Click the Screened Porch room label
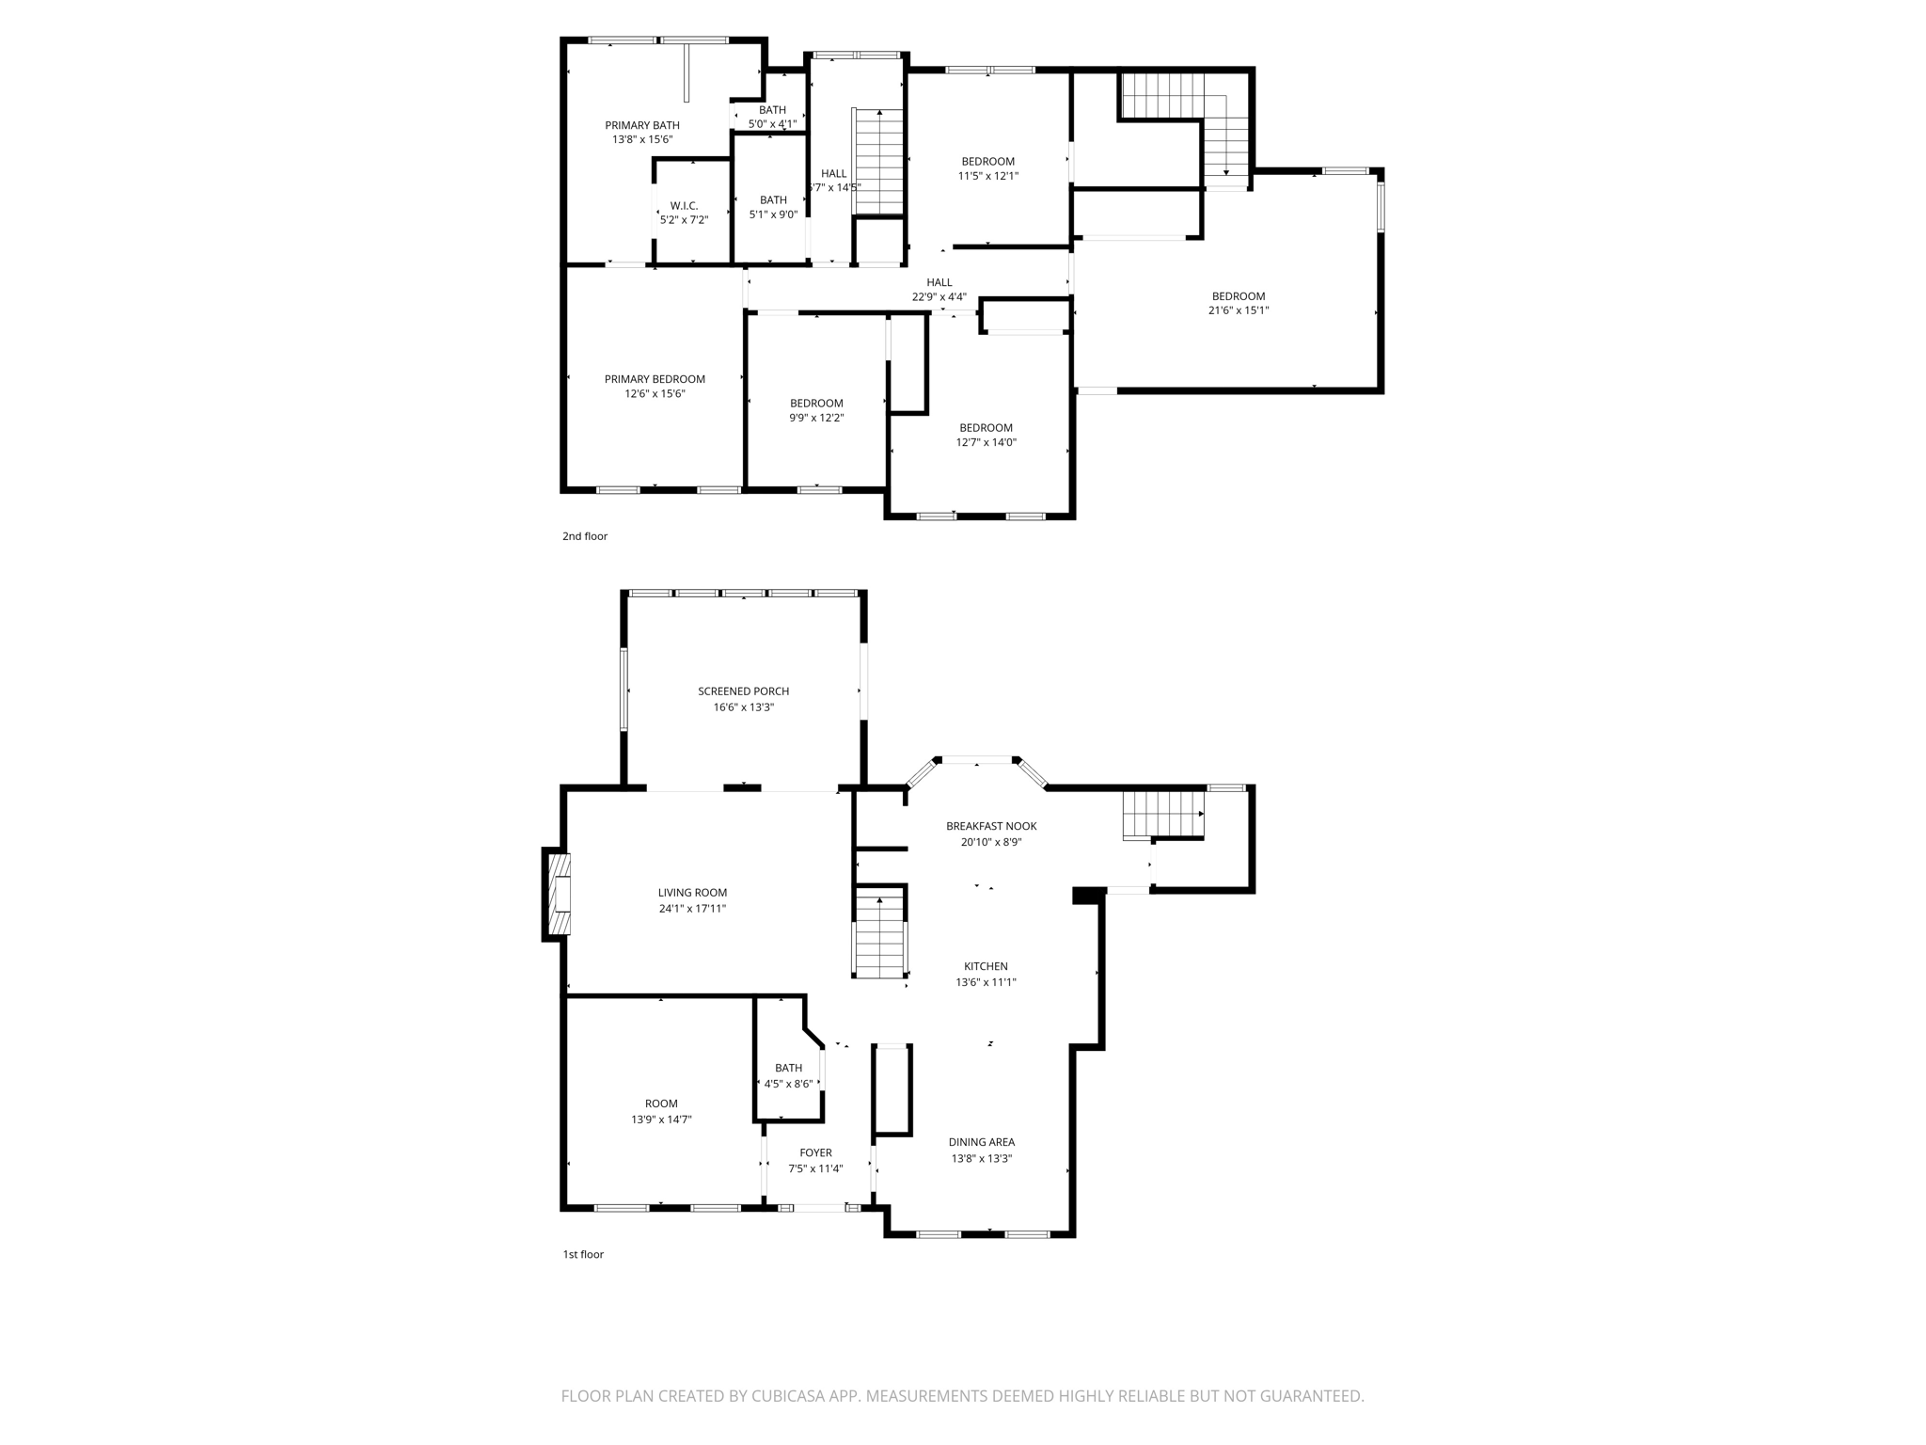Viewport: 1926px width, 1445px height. point(743,691)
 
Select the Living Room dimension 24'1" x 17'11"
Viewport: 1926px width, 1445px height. point(692,909)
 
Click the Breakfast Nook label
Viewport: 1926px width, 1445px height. point(990,826)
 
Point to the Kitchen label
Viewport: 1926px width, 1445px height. point(986,966)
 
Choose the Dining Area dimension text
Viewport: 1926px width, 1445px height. point(981,1159)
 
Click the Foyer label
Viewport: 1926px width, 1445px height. point(815,1152)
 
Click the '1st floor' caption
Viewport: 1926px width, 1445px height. point(583,1254)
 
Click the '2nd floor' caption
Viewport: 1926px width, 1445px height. point(585,536)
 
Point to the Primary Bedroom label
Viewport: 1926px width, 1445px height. point(655,379)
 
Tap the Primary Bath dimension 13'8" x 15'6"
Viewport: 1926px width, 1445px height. point(642,139)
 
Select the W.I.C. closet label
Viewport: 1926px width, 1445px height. point(684,206)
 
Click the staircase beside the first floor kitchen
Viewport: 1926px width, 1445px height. point(879,936)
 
